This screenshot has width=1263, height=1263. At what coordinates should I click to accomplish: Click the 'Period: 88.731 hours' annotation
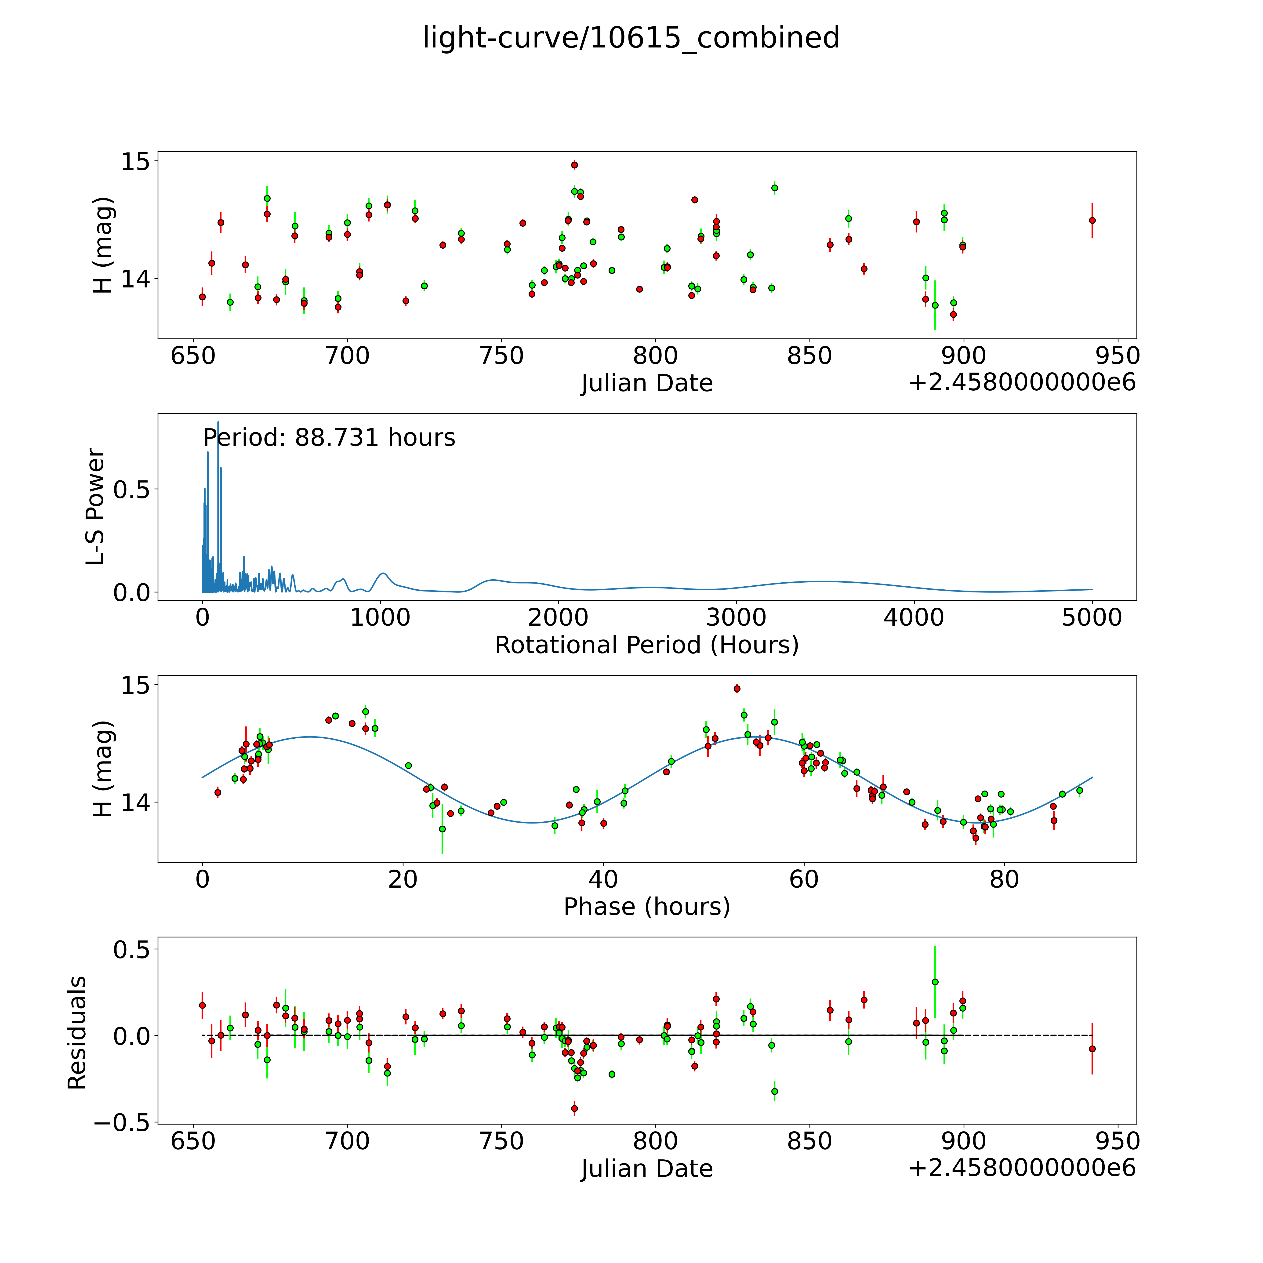[329, 437]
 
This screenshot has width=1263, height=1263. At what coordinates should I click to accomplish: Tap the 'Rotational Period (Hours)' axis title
[646, 645]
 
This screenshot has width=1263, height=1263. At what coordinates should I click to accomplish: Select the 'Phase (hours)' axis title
[646, 907]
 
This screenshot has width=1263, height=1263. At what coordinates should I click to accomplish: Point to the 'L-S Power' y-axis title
[95, 507]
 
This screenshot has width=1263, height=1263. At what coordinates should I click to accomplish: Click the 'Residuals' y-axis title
[77, 1032]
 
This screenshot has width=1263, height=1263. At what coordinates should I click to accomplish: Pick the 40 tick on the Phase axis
[603, 879]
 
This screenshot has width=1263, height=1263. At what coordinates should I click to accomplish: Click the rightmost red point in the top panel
[1092, 220]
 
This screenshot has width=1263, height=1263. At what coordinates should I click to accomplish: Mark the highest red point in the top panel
[574, 165]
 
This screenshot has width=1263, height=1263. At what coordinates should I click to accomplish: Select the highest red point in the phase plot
[737, 688]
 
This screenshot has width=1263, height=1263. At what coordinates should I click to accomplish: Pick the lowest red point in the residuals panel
[574, 1108]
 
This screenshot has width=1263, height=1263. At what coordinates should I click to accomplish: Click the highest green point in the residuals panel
[935, 982]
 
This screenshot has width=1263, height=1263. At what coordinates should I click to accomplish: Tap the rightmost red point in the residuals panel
[1092, 1049]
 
